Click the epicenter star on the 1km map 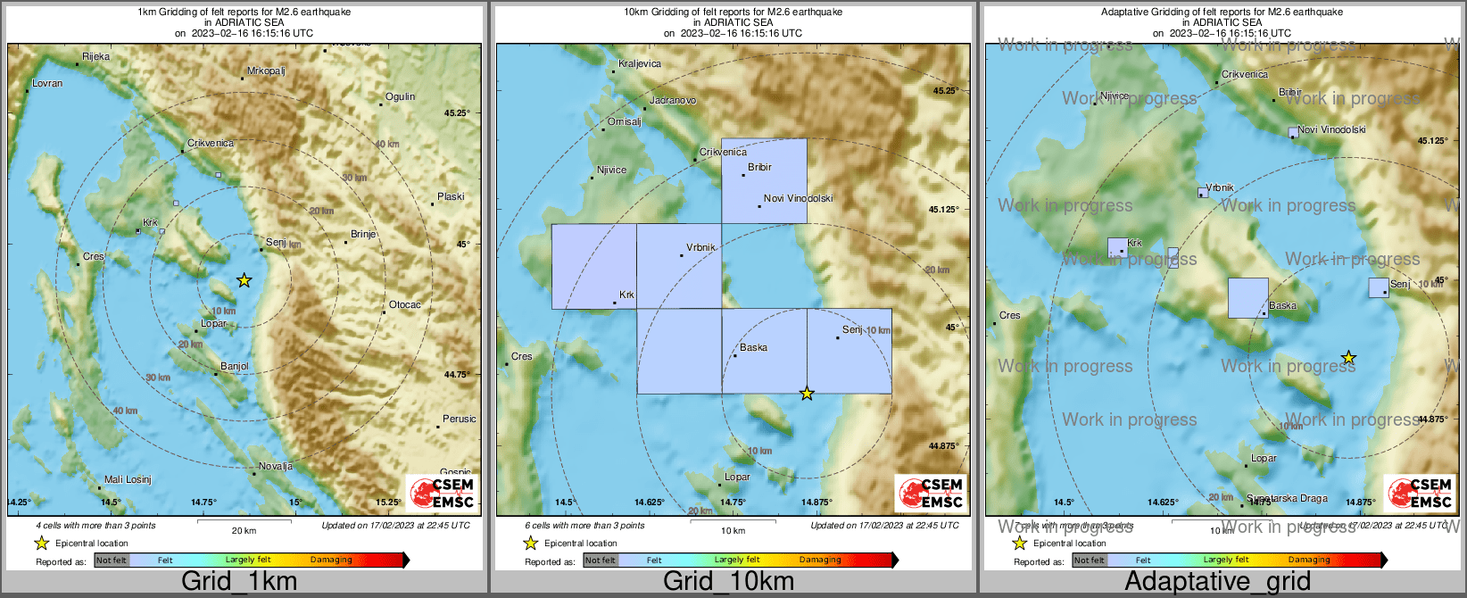click(244, 280)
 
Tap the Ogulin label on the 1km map click(400, 96)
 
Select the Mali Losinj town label click(128, 479)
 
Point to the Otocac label click(404, 304)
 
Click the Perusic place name click(459, 419)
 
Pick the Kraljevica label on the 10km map click(640, 63)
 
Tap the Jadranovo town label click(673, 100)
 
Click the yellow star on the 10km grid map click(807, 394)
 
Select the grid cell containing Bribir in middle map click(764, 180)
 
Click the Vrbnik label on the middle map click(700, 247)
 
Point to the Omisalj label click(624, 121)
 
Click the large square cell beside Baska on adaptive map click(1247, 297)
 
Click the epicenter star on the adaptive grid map click(1348, 358)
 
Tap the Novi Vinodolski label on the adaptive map click(1331, 129)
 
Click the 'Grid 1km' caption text click(239, 581)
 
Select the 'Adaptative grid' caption click(1217, 581)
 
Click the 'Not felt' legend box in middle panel click(601, 560)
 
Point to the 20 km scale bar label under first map click(244, 530)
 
